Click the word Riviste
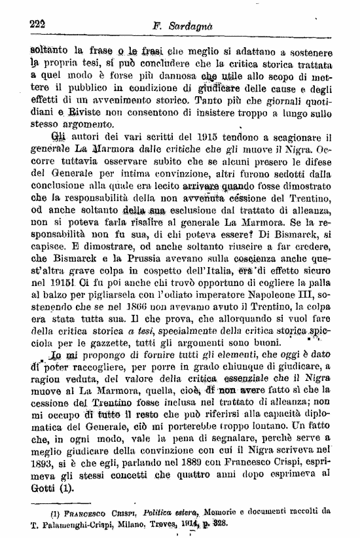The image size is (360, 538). click(61, 115)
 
